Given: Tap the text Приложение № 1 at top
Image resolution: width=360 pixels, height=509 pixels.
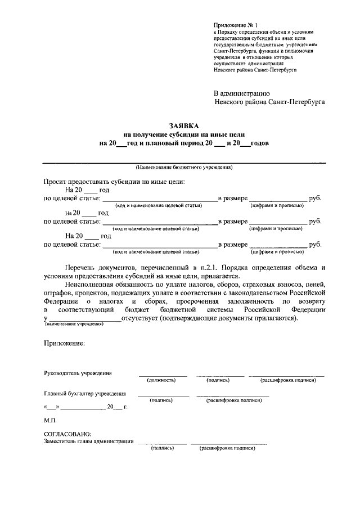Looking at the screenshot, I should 235,26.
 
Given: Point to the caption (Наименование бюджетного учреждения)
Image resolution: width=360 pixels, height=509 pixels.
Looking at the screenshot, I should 184,168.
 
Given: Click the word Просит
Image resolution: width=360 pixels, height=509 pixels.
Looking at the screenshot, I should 56,181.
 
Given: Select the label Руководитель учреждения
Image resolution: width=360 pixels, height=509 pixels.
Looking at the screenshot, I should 78,373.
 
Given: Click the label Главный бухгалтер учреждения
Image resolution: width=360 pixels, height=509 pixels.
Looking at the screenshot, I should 85,394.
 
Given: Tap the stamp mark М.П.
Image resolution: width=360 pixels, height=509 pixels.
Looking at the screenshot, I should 50,420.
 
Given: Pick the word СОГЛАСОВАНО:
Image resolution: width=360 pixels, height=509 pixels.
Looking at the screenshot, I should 67,434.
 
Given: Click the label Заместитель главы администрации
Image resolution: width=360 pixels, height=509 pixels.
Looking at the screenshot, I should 89,441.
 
